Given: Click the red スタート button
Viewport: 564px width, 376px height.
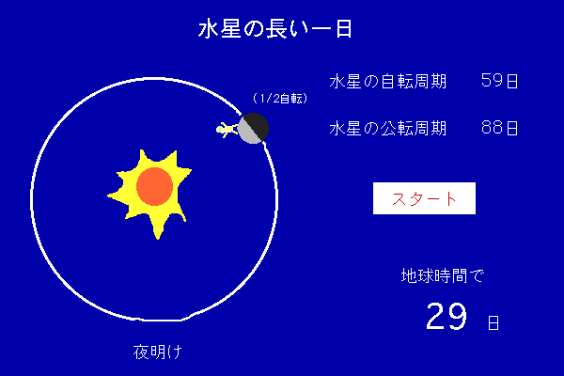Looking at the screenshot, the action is pyautogui.click(x=424, y=198).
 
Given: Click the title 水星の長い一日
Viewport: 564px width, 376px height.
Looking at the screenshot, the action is pyautogui.click(x=275, y=29).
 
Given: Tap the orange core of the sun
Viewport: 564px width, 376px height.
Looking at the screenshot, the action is pyautogui.click(x=155, y=186).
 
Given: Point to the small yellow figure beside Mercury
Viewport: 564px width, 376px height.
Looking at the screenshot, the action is pyautogui.click(x=227, y=129).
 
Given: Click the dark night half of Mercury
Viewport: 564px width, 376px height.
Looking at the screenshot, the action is pyautogui.click(x=258, y=124).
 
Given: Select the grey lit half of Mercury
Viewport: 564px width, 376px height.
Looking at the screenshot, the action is pyautogui.click(x=247, y=132).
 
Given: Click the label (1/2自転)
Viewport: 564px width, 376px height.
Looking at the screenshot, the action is pyautogui.click(x=280, y=98).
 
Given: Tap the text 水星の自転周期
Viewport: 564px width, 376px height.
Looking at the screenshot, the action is pyautogui.click(x=387, y=82).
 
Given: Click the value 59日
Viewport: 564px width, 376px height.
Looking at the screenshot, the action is pyautogui.click(x=499, y=81).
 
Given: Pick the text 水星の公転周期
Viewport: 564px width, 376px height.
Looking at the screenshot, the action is pyautogui.click(x=387, y=128).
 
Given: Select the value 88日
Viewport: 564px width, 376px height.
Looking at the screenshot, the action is pyautogui.click(x=499, y=128).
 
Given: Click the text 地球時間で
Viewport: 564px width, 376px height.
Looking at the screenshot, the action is pyautogui.click(x=443, y=276).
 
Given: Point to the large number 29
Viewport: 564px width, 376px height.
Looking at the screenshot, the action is pyautogui.click(x=446, y=316).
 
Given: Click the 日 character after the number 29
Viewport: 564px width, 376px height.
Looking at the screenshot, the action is pyautogui.click(x=493, y=322).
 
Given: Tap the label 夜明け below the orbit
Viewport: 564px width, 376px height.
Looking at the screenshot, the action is pyautogui.click(x=158, y=352).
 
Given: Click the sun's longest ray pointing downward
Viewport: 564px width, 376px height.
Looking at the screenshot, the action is pyautogui.click(x=157, y=227).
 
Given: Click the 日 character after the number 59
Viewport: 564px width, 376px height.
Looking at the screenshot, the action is pyautogui.click(x=512, y=81).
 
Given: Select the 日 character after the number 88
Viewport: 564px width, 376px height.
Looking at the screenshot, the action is pyautogui.click(x=512, y=128).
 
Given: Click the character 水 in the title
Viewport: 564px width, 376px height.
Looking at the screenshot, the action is pyautogui.click(x=208, y=29).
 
